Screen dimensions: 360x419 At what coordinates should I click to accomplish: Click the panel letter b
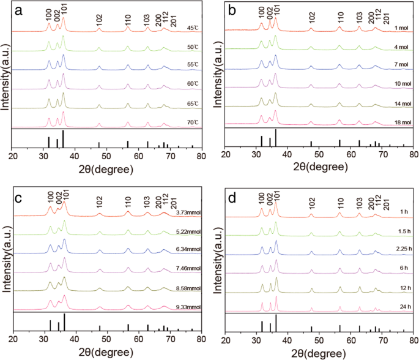point(233,11)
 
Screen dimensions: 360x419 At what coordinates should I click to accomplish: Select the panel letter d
point(233,197)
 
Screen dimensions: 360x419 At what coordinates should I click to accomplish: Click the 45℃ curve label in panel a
point(191,28)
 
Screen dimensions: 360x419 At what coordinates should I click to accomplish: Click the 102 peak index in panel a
point(99,19)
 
